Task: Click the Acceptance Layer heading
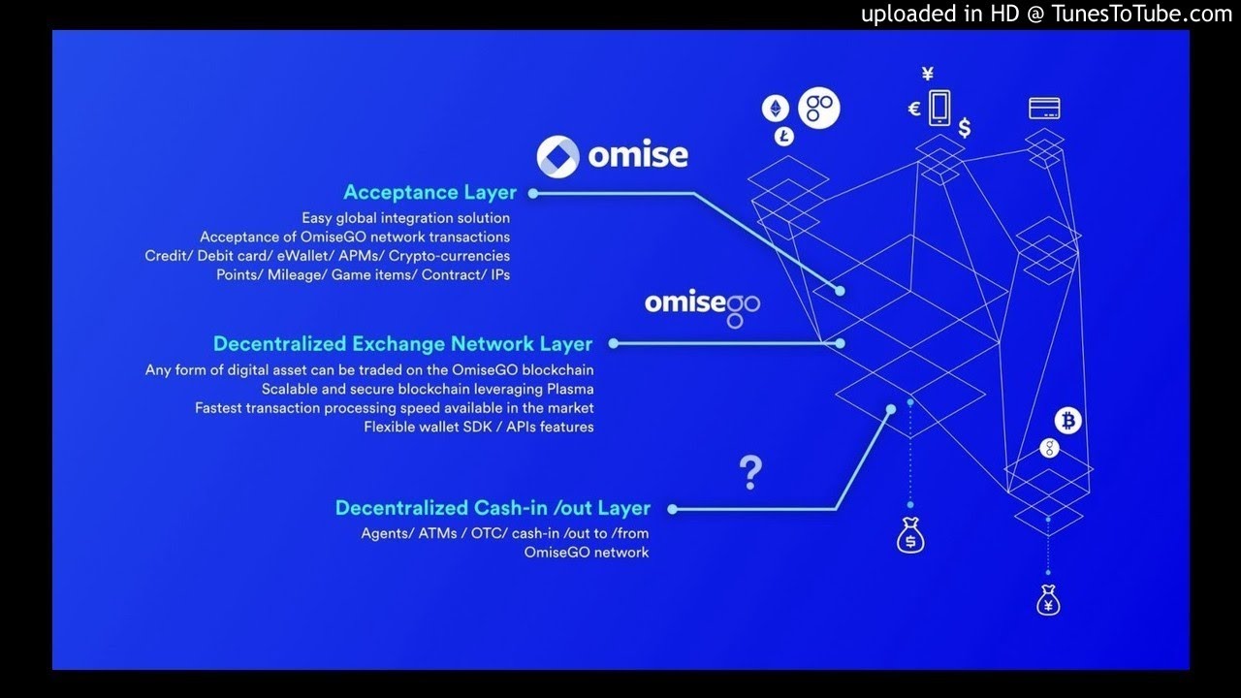[x=430, y=192]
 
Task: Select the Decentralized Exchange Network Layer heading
[x=402, y=343]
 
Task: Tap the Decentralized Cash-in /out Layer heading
[x=493, y=508]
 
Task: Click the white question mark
[x=749, y=473]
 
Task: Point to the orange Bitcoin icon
[x=1068, y=421]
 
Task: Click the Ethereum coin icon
[x=776, y=109]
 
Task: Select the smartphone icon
[x=939, y=107]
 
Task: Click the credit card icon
[x=1044, y=108]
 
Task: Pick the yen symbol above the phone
[x=928, y=74]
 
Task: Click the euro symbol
[x=913, y=109]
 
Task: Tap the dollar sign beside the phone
[x=964, y=128]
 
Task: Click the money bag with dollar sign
[x=909, y=537]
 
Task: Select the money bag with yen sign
[x=1047, y=601]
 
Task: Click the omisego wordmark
[x=702, y=304]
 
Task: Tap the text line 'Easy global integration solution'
[x=405, y=218]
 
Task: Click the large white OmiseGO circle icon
[x=818, y=109]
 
